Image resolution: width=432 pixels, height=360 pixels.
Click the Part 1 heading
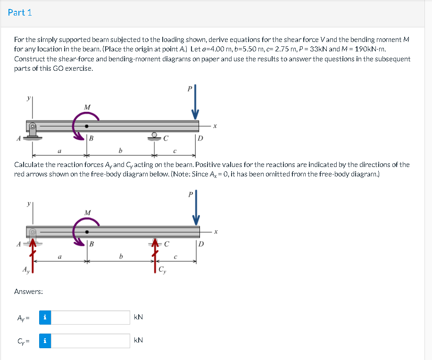coord(20,13)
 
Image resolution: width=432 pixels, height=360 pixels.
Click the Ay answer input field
coord(90,318)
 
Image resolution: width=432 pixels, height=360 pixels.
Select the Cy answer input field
coord(90,341)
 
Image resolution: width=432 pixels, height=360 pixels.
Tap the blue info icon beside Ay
coord(44,318)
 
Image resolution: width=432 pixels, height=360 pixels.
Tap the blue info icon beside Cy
coord(44,341)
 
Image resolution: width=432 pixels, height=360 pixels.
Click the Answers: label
coord(29,292)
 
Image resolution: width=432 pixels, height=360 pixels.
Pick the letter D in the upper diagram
coord(200,138)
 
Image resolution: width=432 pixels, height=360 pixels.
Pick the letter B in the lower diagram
coord(91,244)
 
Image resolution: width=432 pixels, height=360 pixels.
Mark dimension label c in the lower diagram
coord(175,257)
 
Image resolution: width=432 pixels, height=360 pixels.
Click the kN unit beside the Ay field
coord(139,318)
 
